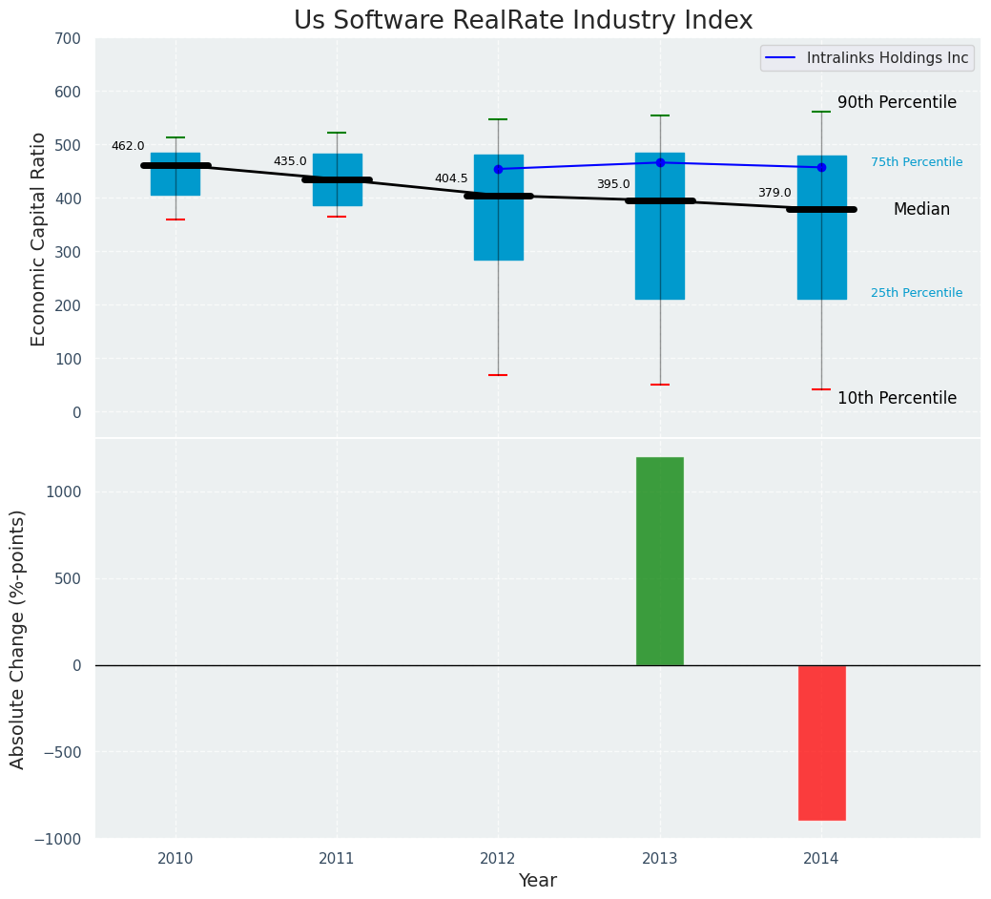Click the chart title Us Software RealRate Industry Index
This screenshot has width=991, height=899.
(x=523, y=21)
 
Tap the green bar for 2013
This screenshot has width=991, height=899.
(x=660, y=561)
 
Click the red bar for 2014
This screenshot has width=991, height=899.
(x=821, y=742)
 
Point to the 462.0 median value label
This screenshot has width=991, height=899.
(x=128, y=146)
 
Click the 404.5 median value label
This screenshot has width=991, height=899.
(x=451, y=178)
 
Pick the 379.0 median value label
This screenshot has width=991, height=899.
(x=774, y=193)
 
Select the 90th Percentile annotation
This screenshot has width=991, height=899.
(x=897, y=103)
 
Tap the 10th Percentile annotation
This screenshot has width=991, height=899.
(x=897, y=398)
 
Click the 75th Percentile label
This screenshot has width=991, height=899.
(x=917, y=162)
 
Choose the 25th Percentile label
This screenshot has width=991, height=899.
(x=917, y=293)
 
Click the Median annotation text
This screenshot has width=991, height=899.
(x=921, y=210)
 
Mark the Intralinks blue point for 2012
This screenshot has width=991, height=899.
(x=498, y=169)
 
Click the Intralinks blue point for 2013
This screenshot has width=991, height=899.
(x=660, y=162)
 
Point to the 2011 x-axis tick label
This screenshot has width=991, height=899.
(x=337, y=859)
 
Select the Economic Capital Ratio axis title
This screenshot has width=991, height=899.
(x=39, y=239)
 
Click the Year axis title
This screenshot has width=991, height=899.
(x=538, y=881)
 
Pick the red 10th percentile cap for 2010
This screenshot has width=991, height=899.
(x=175, y=220)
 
